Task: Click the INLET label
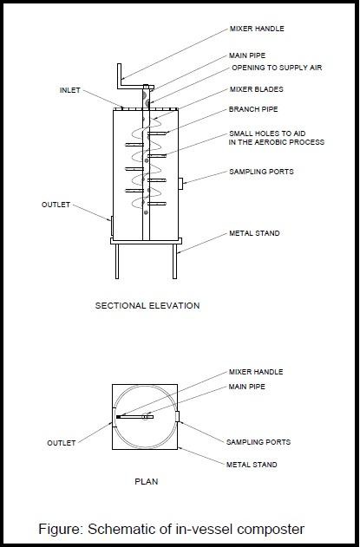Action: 71,90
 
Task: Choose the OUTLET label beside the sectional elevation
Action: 56,205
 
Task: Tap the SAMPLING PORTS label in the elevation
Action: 261,172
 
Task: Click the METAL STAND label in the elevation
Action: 255,234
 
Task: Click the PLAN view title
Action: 145,480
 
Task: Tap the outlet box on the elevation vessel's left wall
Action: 109,225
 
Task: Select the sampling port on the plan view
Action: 178,418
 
